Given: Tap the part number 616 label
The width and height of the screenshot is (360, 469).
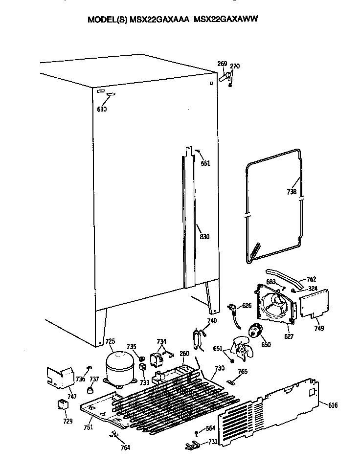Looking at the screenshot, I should coord(333,405).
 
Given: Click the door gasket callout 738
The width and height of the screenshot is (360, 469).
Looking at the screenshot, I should coord(292,192).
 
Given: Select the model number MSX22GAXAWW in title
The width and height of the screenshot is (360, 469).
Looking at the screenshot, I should coord(226,19).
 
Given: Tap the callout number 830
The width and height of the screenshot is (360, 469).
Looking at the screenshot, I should coord(204,237).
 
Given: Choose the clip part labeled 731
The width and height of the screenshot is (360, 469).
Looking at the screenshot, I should coord(195,445).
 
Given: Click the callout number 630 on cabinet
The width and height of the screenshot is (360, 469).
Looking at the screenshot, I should coord(101,109).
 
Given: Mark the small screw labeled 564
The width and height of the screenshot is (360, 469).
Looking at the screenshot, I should coord(196,432).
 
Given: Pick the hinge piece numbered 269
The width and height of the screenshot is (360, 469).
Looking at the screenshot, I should coord(225,77).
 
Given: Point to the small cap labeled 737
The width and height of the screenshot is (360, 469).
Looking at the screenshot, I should coord(90,390).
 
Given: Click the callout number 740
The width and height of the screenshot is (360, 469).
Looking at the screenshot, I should coord(211,321).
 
